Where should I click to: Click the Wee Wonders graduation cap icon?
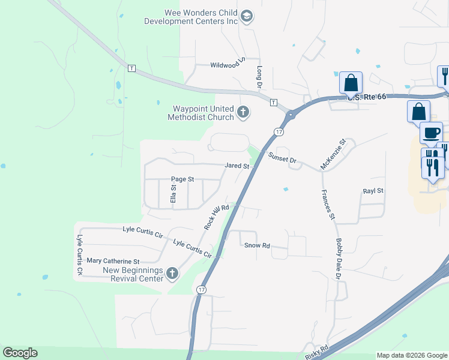click(x=246, y=17)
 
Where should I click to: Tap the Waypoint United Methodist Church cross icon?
click(x=243, y=112)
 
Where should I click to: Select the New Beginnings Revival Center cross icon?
click(x=172, y=274)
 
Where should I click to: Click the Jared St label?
click(x=237, y=166)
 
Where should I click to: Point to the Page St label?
click(x=182, y=179)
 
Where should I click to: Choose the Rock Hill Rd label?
click(x=217, y=217)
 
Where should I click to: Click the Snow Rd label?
click(x=257, y=245)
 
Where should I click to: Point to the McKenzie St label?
click(x=333, y=155)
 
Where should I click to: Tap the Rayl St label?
click(x=373, y=191)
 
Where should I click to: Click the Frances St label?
click(x=328, y=205)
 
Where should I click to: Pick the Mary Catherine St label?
click(x=113, y=261)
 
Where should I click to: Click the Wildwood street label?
click(x=224, y=65)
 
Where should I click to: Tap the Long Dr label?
click(x=261, y=77)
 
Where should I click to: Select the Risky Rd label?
click(x=316, y=351)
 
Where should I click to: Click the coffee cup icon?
click(x=430, y=133)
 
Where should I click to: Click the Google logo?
click(x=20, y=353)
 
